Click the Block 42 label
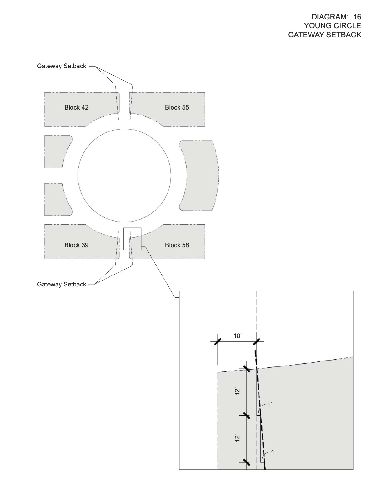coord(76,107)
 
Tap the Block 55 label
coord(177,107)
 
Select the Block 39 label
coord(76,245)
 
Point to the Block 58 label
coord(177,245)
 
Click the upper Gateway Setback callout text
coord(61,66)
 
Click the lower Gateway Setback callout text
coord(61,284)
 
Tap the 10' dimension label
coord(237,336)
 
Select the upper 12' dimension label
coord(237,391)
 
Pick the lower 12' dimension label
coord(237,438)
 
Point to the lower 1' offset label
coord(273,452)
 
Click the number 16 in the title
coord(357,17)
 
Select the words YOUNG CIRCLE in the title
coord(333,25)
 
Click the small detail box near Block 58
coord(132,239)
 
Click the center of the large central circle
coord(125,175)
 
